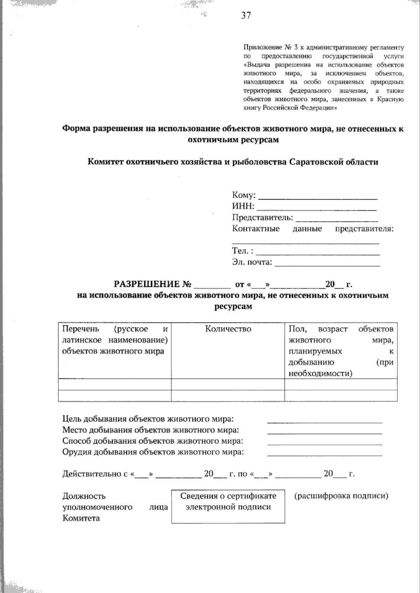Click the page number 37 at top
point(246,15)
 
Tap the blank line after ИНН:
point(316,208)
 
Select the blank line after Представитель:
point(337,219)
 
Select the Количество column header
point(228,329)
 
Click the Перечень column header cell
point(114,340)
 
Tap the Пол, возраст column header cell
point(341,350)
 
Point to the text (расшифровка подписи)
point(341,496)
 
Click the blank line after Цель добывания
point(324,420)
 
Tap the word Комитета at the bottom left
point(81,518)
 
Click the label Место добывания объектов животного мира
point(150,430)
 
